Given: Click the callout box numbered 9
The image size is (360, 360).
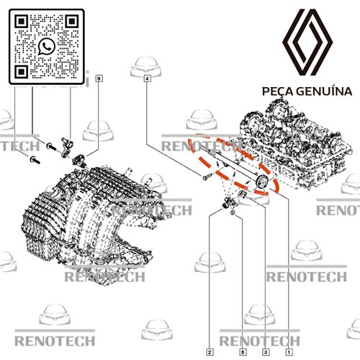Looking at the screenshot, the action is coord(99,78).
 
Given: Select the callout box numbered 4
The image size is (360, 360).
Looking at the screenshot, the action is coord(148,78).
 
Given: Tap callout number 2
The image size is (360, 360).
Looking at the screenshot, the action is coord(210,352).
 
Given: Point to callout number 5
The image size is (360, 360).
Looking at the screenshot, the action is coord(243,352).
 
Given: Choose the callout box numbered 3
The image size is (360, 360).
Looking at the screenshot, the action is coord(266,352).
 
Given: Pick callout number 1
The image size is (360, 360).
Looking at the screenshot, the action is coord(289,352).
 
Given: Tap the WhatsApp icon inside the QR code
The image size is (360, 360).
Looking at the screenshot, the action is coord(47,47).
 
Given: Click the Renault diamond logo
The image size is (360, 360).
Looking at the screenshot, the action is coord(307,42).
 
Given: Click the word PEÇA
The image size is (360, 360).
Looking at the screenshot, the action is coord(277,91).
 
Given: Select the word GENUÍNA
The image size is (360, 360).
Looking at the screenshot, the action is coord(324,91).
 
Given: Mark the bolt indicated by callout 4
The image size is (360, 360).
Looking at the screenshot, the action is coord(207,177).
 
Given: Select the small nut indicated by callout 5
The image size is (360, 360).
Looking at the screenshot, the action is coord(233,212).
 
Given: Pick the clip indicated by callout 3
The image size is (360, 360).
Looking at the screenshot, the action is coord(242,194).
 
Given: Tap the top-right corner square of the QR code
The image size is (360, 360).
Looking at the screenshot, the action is coord(72,22).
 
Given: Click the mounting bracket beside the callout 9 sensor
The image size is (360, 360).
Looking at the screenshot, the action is coord(66,147).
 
